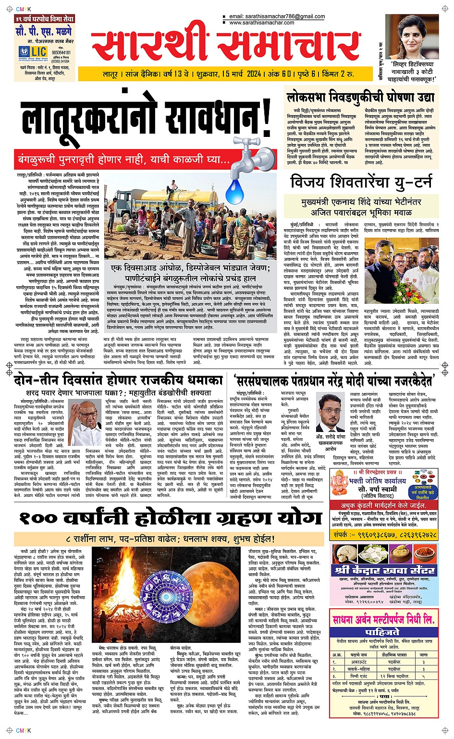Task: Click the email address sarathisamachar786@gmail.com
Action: pyautogui.click(x=277, y=16)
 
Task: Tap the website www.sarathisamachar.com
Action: pyautogui.click(x=262, y=23)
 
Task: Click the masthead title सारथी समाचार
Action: pyautogui.click(x=226, y=45)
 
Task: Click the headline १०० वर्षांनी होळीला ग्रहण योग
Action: pyautogui.click(x=170, y=518)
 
